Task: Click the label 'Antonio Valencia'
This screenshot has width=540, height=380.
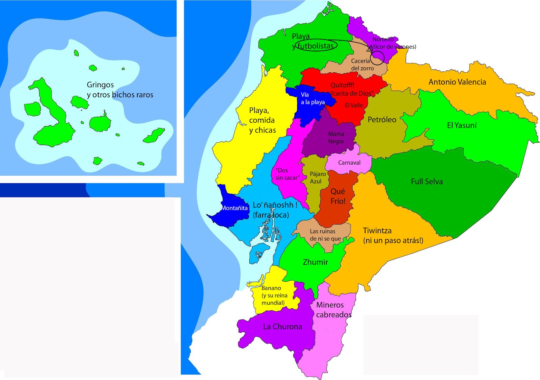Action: coord(457,82)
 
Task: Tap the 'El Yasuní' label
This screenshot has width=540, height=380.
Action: coord(462,125)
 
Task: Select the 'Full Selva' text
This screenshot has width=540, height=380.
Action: coord(427,182)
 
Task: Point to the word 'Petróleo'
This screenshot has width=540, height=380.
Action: coord(382,120)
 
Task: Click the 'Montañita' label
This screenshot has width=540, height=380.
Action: coord(234,208)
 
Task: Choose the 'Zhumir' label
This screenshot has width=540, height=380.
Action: coord(315,262)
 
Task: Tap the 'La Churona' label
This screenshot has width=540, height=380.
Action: coord(282,327)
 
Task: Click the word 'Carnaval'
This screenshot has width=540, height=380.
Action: coord(349,163)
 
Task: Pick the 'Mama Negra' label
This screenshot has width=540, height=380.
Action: coord(336,138)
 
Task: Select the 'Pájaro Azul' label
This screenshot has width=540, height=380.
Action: coord(318,178)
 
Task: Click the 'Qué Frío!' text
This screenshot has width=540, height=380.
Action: coord(338,196)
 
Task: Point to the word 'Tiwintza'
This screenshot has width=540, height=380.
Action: coord(377,231)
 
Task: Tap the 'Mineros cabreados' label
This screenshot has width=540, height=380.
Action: coord(333,310)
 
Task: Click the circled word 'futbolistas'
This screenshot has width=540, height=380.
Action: coord(315,46)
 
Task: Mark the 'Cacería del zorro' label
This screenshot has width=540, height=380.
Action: coord(362,65)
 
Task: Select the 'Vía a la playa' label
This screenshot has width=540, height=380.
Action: coord(313,98)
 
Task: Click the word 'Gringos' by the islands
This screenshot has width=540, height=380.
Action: coord(100,85)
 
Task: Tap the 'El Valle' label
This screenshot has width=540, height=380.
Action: coord(354,105)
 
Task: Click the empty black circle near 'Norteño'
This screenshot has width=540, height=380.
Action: coord(377,58)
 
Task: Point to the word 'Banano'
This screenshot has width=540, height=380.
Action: coord(271,288)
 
